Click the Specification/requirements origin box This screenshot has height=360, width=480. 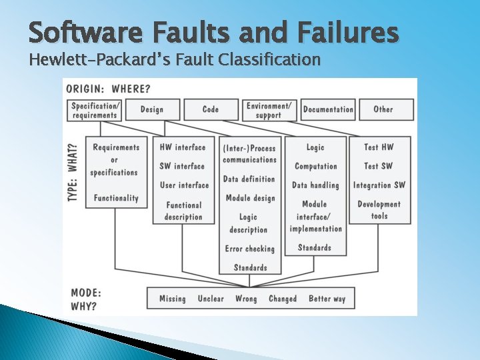96,110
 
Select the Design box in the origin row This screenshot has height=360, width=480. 152,109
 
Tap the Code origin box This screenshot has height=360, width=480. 211,109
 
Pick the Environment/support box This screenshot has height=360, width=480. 269,110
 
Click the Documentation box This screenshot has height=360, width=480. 328,109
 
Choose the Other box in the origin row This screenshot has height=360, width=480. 383,109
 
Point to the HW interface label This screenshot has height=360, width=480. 183,147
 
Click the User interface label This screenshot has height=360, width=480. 184,185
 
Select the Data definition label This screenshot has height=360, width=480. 249,179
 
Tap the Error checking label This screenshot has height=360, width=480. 250,249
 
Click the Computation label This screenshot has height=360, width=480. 316,166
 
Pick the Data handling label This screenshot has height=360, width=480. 315,185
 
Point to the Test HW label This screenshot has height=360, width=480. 379,147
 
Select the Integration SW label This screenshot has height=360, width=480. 379,185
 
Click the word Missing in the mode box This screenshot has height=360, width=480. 172,299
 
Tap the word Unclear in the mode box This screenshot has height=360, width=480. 211,299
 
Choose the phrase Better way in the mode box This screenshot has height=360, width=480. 327,299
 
